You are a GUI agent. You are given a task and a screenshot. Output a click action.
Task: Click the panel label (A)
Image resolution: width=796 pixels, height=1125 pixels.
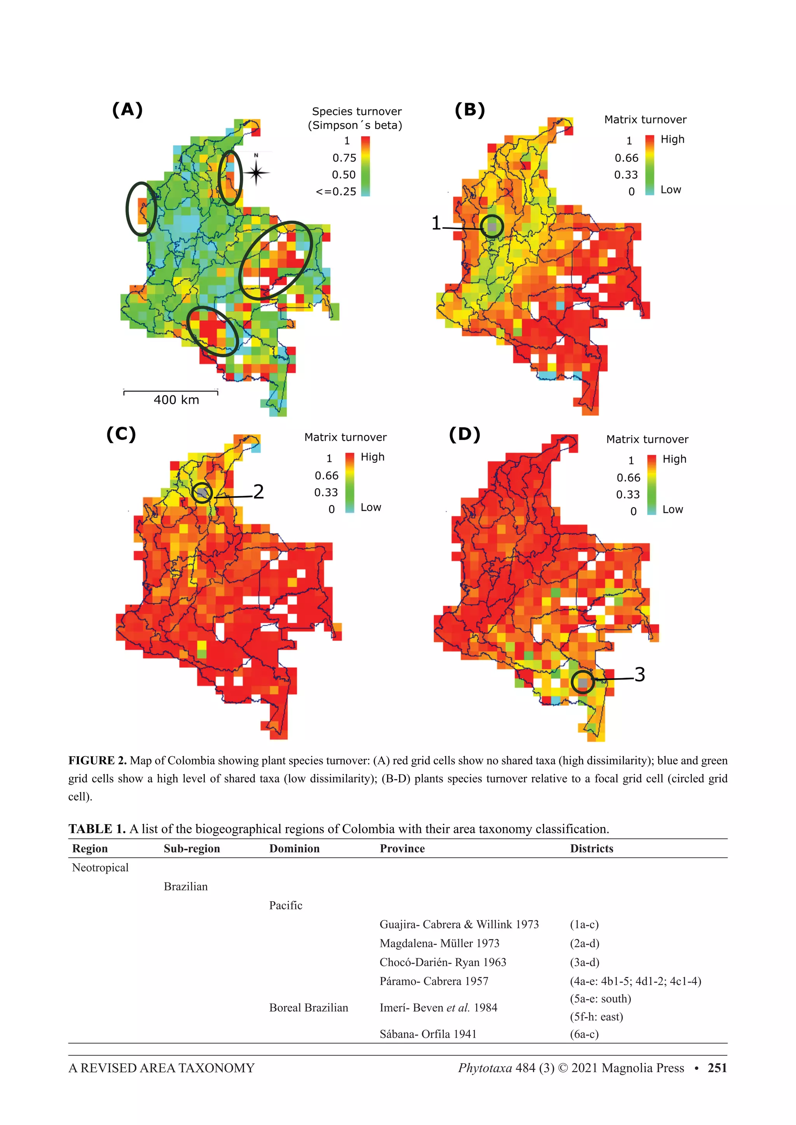[x=127, y=110]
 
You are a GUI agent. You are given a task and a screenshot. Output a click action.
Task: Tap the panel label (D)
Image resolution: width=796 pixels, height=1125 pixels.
[x=465, y=435]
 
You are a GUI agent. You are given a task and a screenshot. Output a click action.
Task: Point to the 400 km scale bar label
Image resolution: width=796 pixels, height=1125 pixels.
[x=176, y=400]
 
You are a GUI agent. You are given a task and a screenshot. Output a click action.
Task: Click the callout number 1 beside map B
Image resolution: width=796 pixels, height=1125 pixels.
[x=436, y=223]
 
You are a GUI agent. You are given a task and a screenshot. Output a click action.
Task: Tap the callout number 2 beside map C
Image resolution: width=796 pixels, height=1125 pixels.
[x=258, y=491]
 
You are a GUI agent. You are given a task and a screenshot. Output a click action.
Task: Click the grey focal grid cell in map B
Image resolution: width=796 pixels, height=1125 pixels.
[x=492, y=227]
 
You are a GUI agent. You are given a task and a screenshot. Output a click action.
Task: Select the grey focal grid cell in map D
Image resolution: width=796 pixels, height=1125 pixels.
[x=583, y=683]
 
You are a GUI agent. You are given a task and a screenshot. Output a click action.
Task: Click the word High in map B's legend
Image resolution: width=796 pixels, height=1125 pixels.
[x=672, y=139]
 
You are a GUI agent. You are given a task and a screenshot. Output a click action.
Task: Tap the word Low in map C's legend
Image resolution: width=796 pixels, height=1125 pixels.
[x=371, y=507]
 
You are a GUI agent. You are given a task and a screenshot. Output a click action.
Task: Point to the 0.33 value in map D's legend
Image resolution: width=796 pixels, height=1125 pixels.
[x=628, y=495]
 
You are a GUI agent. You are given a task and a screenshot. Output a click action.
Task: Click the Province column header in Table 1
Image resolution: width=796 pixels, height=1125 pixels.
[x=402, y=849]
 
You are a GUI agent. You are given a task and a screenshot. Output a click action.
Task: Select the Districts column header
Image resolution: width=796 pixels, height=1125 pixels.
[x=592, y=849]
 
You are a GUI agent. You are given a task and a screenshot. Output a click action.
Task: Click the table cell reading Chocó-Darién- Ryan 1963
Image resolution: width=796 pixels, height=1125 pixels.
[x=443, y=962]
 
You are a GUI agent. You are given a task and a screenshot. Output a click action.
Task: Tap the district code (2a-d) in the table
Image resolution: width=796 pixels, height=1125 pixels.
[x=584, y=943]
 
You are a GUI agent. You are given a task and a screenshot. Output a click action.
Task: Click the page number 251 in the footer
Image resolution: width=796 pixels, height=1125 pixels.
[x=717, y=1068]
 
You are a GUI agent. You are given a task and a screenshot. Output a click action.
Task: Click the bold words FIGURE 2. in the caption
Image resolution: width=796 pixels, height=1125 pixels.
[x=97, y=761]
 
